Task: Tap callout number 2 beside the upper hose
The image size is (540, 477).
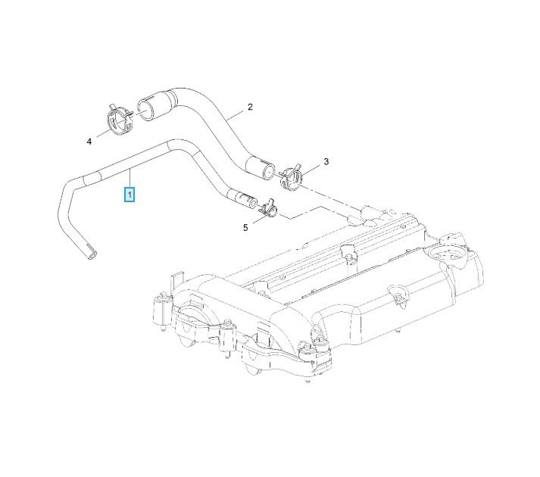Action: (x=250, y=108)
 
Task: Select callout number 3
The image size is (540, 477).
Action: (x=326, y=161)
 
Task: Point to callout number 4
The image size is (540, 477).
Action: (x=89, y=142)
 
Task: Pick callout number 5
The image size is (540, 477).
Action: (x=245, y=226)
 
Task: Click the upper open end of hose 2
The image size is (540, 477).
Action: (x=145, y=103)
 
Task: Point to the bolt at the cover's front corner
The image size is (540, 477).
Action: (x=307, y=350)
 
